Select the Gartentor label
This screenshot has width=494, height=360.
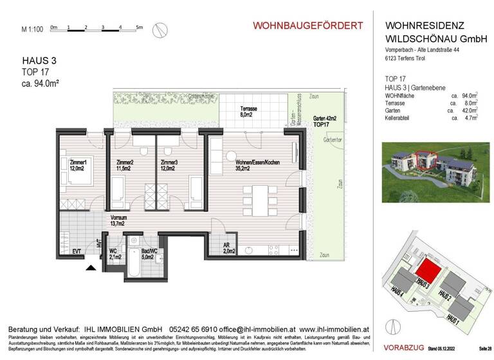click(x=333, y=139)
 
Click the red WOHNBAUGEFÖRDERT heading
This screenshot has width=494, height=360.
click(x=307, y=26)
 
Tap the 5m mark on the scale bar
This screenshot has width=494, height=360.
click(x=140, y=28)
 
